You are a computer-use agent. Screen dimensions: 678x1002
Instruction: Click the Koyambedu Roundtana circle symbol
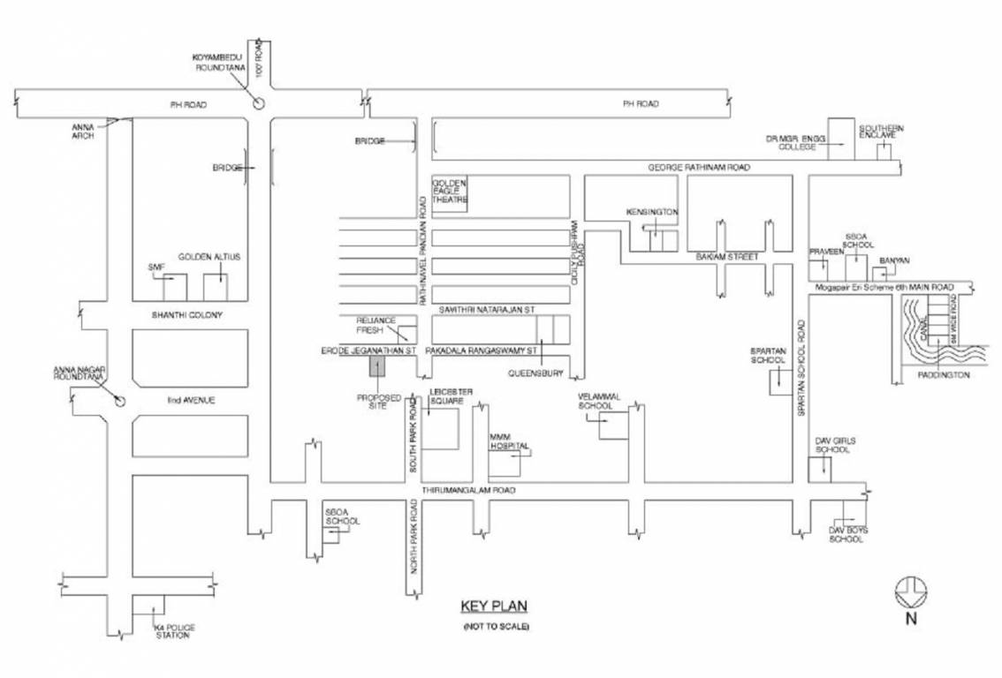coord(258,103)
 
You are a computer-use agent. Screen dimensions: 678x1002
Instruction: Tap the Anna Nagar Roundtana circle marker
coord(121,402)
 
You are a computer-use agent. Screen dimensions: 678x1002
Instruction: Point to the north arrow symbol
coord(909,591)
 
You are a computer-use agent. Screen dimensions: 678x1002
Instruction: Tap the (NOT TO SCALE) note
coord(495,626)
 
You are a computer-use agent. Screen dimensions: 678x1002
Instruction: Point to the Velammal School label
coord(595,401)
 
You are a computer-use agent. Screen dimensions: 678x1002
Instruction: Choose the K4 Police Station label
coord(174,631)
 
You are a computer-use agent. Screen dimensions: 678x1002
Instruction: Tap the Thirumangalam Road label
coord(468,489)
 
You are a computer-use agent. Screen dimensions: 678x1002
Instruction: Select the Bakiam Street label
coord(726,257)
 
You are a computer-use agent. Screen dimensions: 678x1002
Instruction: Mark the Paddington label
coord(945,374)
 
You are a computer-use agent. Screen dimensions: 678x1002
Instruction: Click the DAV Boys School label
coord(847,534)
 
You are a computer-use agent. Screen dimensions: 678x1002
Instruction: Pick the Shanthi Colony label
coord(186,314)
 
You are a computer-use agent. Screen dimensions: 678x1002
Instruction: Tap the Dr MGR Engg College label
coord(794,143)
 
